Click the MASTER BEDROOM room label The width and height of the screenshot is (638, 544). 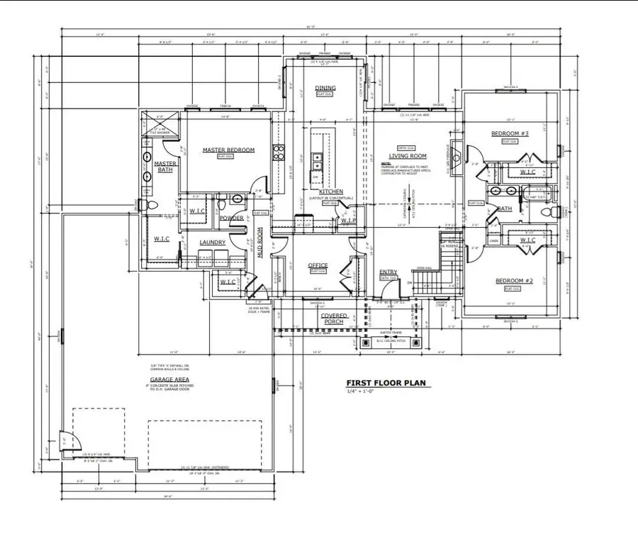(x=228, y=150)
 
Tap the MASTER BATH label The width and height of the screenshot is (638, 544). (x=164, y=167)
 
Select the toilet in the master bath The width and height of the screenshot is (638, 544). (x=145, y=205)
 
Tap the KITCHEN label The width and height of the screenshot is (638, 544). (x=331, y=191)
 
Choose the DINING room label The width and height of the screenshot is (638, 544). (x=325, y=89)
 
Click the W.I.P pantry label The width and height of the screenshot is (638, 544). (x=348, y=220)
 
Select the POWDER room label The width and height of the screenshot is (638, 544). (x=232, y=218)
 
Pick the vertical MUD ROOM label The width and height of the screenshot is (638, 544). (x=260, y=241)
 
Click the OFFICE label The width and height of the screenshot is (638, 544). (x=318, y=265)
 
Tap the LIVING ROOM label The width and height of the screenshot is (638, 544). (x=407, y=156)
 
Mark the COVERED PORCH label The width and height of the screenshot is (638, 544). (x=333, y=318)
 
